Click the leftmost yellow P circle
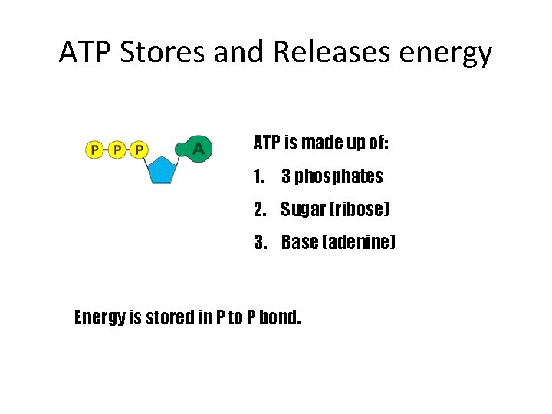[x=94, y=149]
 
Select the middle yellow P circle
[x=117, y=149]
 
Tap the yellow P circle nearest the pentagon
[x=139, y=149]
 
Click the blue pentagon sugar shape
[x=162, y=170]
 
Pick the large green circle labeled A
[x=199, y=148]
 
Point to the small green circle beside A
[x=181, y=149]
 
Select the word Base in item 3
[x=300, y=243]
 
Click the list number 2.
[x=259, y=210]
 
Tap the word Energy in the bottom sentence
[x=99, y=317]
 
